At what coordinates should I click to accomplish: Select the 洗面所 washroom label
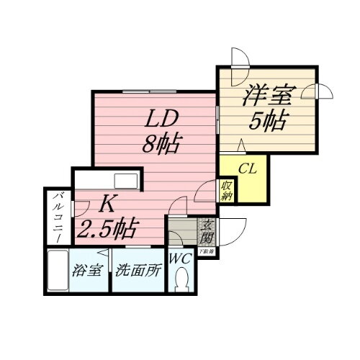click(138, 273)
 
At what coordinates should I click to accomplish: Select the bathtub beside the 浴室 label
click(57, 269)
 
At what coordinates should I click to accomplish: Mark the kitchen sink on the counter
click(126, 179)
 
